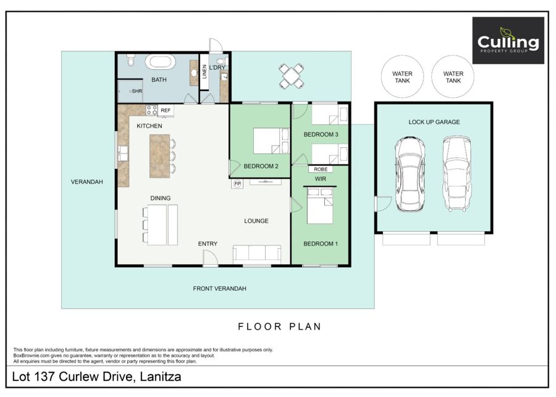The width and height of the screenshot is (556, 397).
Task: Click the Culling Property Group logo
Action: point(508,40)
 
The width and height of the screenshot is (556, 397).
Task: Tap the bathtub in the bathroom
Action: point(160,62)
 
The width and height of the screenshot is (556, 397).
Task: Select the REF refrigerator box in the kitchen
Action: point(166,110)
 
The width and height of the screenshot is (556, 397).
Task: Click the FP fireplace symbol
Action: point(237,184)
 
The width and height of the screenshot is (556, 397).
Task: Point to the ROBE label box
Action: point(321,169)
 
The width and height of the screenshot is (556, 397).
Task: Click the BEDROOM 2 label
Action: point(261,166)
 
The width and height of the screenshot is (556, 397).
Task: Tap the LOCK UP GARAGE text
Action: point(434,122)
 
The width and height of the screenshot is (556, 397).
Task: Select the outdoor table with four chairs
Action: point(291,76)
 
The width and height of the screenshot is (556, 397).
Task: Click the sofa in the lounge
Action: point(257,254)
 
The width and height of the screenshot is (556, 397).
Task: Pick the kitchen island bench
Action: point(159,156)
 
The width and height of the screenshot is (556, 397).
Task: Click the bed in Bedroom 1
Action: point(320,206)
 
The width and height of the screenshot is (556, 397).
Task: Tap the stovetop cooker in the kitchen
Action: point(152,110)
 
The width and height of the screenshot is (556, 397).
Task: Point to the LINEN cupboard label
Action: point(204,71)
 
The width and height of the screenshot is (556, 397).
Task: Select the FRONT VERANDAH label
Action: point(219,289)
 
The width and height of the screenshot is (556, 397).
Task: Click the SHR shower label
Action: point(137,91)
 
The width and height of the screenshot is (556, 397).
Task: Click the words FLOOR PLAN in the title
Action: point(279,327)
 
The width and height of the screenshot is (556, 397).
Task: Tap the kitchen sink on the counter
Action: point(123,153)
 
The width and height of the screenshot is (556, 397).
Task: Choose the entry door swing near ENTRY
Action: point(210,257)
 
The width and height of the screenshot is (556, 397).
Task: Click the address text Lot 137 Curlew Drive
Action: point(72,377)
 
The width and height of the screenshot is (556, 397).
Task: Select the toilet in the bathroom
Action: point(131,60)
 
